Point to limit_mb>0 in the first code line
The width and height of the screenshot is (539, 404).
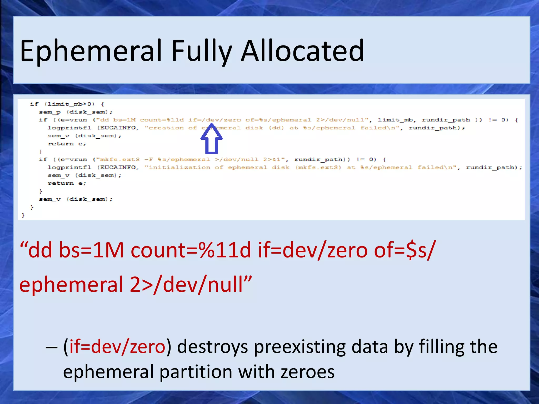coord(69,104)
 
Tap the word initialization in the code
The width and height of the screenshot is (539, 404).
coord(179,168)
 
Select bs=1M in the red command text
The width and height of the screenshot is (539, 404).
coord(91,250)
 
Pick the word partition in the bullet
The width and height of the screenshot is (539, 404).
coord(196,372)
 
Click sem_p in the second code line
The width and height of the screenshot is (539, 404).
coord(49,112)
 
